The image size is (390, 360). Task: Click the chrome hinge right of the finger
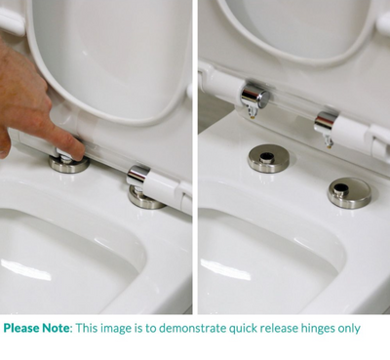click(x=137, y=177)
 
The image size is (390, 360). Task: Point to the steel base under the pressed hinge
click(x=69, y=163)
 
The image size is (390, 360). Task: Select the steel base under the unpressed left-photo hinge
click(x=147, y=198)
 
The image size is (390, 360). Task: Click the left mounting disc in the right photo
click(x=267, y=158)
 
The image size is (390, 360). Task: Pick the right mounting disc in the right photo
click(x=348, y=190)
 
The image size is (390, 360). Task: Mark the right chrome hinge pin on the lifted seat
click(x=327, y=124)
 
